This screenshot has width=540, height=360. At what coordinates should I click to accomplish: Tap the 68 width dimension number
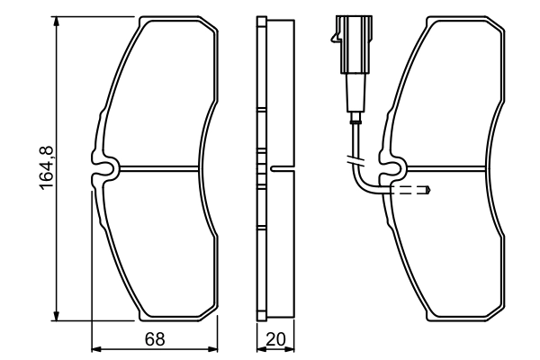(155, 338)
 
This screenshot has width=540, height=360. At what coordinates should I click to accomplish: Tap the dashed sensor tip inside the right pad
(415, 190)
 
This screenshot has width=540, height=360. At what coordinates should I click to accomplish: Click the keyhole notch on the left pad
(107, 167)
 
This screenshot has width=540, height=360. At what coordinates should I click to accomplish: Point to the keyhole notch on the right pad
(394, 166)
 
